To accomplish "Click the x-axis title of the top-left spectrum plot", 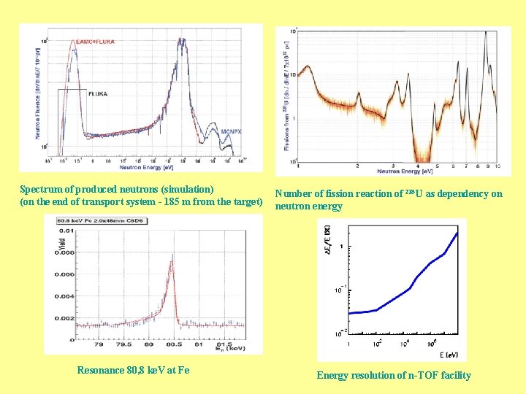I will [150, 167].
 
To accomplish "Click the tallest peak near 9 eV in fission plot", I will [488, 34].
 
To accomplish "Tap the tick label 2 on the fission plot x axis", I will [357, 167].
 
